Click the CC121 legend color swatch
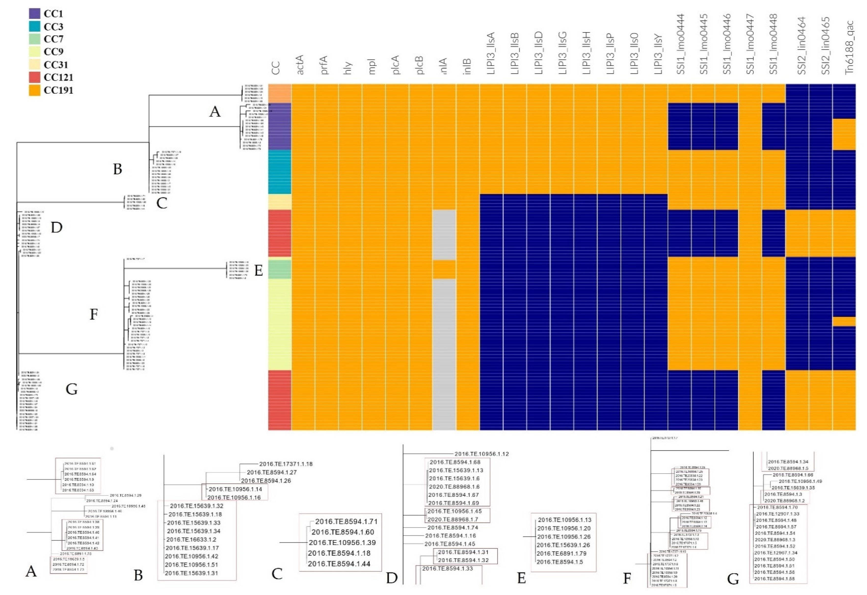point(34,77)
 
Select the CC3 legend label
point(53,27)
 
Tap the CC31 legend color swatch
point(34,65)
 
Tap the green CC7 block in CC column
point(280,269)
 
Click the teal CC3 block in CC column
point(280,172)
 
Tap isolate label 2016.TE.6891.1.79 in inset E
point(561,553)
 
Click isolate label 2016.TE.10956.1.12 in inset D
point(481,454)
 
